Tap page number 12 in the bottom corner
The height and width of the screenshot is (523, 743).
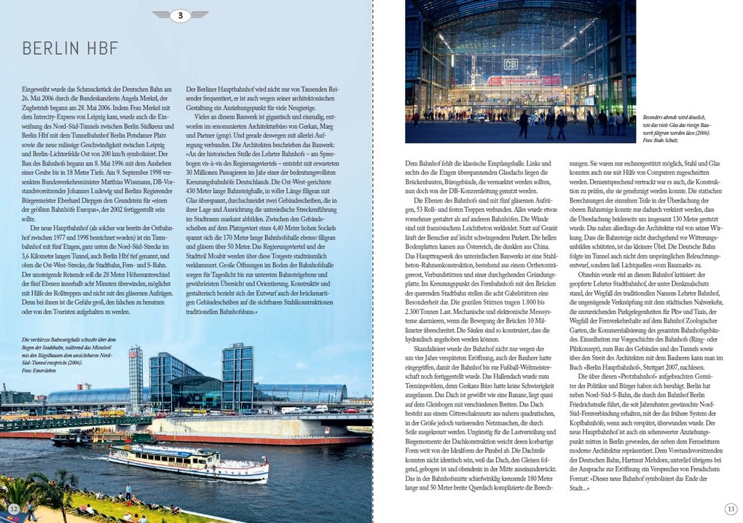click(13, 508)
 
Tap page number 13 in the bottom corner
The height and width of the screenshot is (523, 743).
click(731, 508)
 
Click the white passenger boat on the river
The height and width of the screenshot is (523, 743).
click(187, 460)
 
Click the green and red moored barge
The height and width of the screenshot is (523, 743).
click(102, 439)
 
